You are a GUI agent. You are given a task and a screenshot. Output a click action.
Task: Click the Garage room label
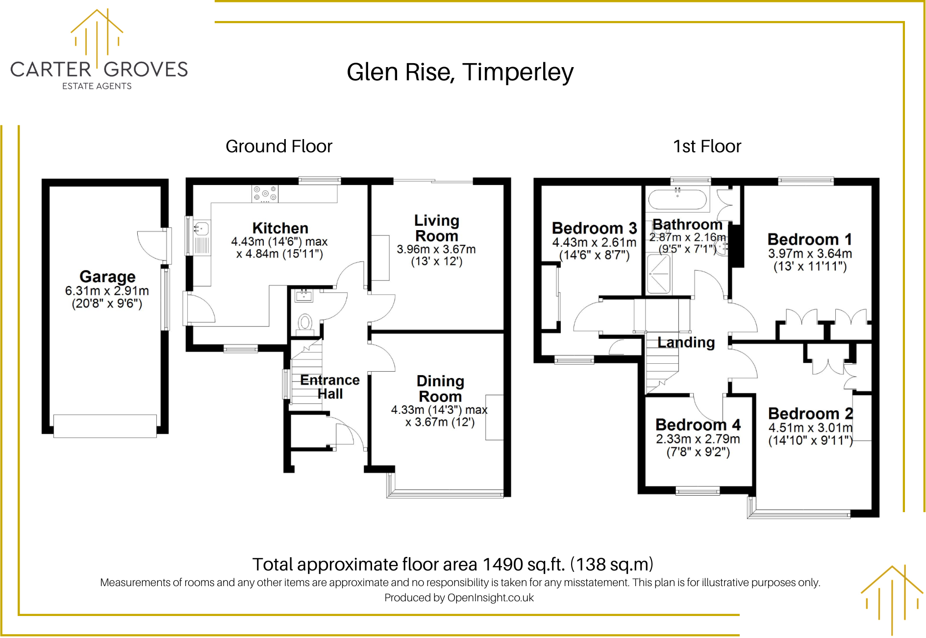pos(107,277)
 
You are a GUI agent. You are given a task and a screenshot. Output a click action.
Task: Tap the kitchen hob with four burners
pos(265,193)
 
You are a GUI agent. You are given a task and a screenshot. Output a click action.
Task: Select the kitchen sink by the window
pos(201,229)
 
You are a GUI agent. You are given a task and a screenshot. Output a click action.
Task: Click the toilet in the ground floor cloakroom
pos(305,323)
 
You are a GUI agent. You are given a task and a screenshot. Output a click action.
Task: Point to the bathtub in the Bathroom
pos(677,200)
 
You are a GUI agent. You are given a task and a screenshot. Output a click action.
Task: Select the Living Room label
pos(436,228)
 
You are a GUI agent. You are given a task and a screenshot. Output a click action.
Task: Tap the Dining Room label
pos(440,388)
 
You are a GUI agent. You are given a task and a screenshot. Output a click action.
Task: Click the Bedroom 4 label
pos(698,425)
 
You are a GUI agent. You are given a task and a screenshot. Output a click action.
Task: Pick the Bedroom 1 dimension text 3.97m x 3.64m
pos(810,254)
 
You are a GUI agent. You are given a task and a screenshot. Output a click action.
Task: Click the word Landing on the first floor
pos(686,342)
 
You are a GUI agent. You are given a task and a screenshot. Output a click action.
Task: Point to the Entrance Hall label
pos(329,387)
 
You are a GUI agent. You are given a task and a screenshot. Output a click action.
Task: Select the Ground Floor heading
pos(279,146)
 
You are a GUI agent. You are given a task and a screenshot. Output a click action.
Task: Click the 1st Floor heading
pos(707,146)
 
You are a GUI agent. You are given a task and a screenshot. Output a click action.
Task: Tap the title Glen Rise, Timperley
pos(460,72)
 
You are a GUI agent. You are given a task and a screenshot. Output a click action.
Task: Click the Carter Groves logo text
pos(99,70)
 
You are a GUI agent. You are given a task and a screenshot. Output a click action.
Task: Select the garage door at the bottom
pos(105,426)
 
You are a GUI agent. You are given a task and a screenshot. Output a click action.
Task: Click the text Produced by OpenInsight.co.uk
pos(459,598)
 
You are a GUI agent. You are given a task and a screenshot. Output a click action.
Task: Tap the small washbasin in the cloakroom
pos(304,295)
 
